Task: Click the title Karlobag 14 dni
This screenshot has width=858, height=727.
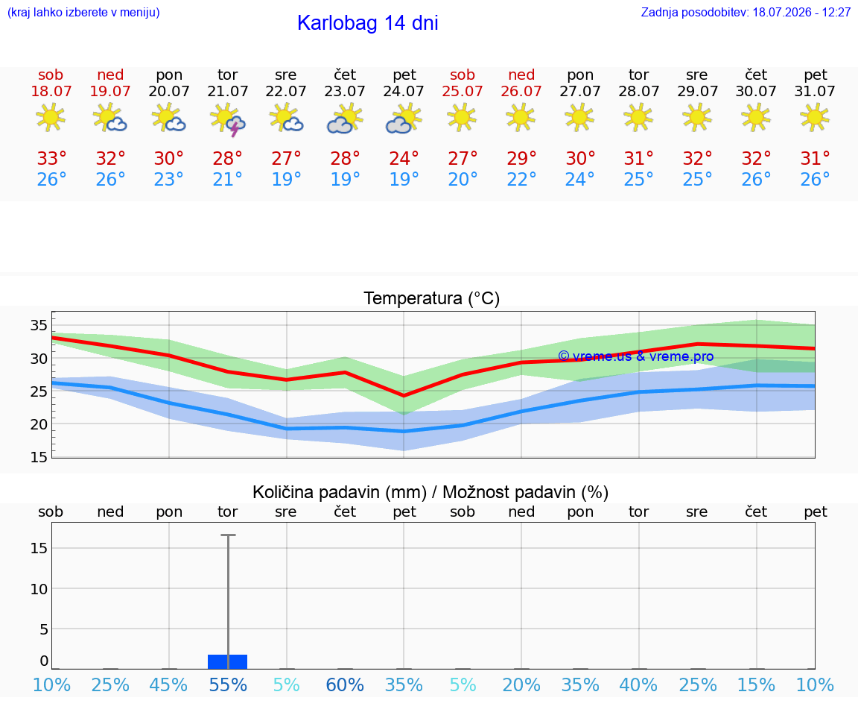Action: (367, 23)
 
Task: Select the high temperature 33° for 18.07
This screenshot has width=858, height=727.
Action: (51, 158)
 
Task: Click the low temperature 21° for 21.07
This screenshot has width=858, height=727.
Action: (227, 179)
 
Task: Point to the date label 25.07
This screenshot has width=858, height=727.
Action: (463, 91)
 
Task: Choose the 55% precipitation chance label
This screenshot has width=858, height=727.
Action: (228, 684)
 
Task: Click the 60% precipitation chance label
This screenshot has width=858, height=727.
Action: (345, 684)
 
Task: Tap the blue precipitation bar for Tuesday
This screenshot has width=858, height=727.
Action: (228, 661)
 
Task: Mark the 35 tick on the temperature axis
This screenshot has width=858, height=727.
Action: (39, 325)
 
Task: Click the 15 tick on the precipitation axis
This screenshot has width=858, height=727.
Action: (39, 548)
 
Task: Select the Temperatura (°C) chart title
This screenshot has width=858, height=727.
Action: (432, 298)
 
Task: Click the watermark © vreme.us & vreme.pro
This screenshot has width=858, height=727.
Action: (636, 356)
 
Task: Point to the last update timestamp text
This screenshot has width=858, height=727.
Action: (746, 12)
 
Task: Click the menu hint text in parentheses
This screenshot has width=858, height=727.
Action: (83, 12)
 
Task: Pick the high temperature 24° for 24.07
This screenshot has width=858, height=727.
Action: (404, 158)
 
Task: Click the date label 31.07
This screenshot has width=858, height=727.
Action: (815, 91)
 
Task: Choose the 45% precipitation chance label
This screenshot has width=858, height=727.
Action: (168, 684)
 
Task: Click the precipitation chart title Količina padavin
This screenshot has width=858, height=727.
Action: (430, 492)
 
